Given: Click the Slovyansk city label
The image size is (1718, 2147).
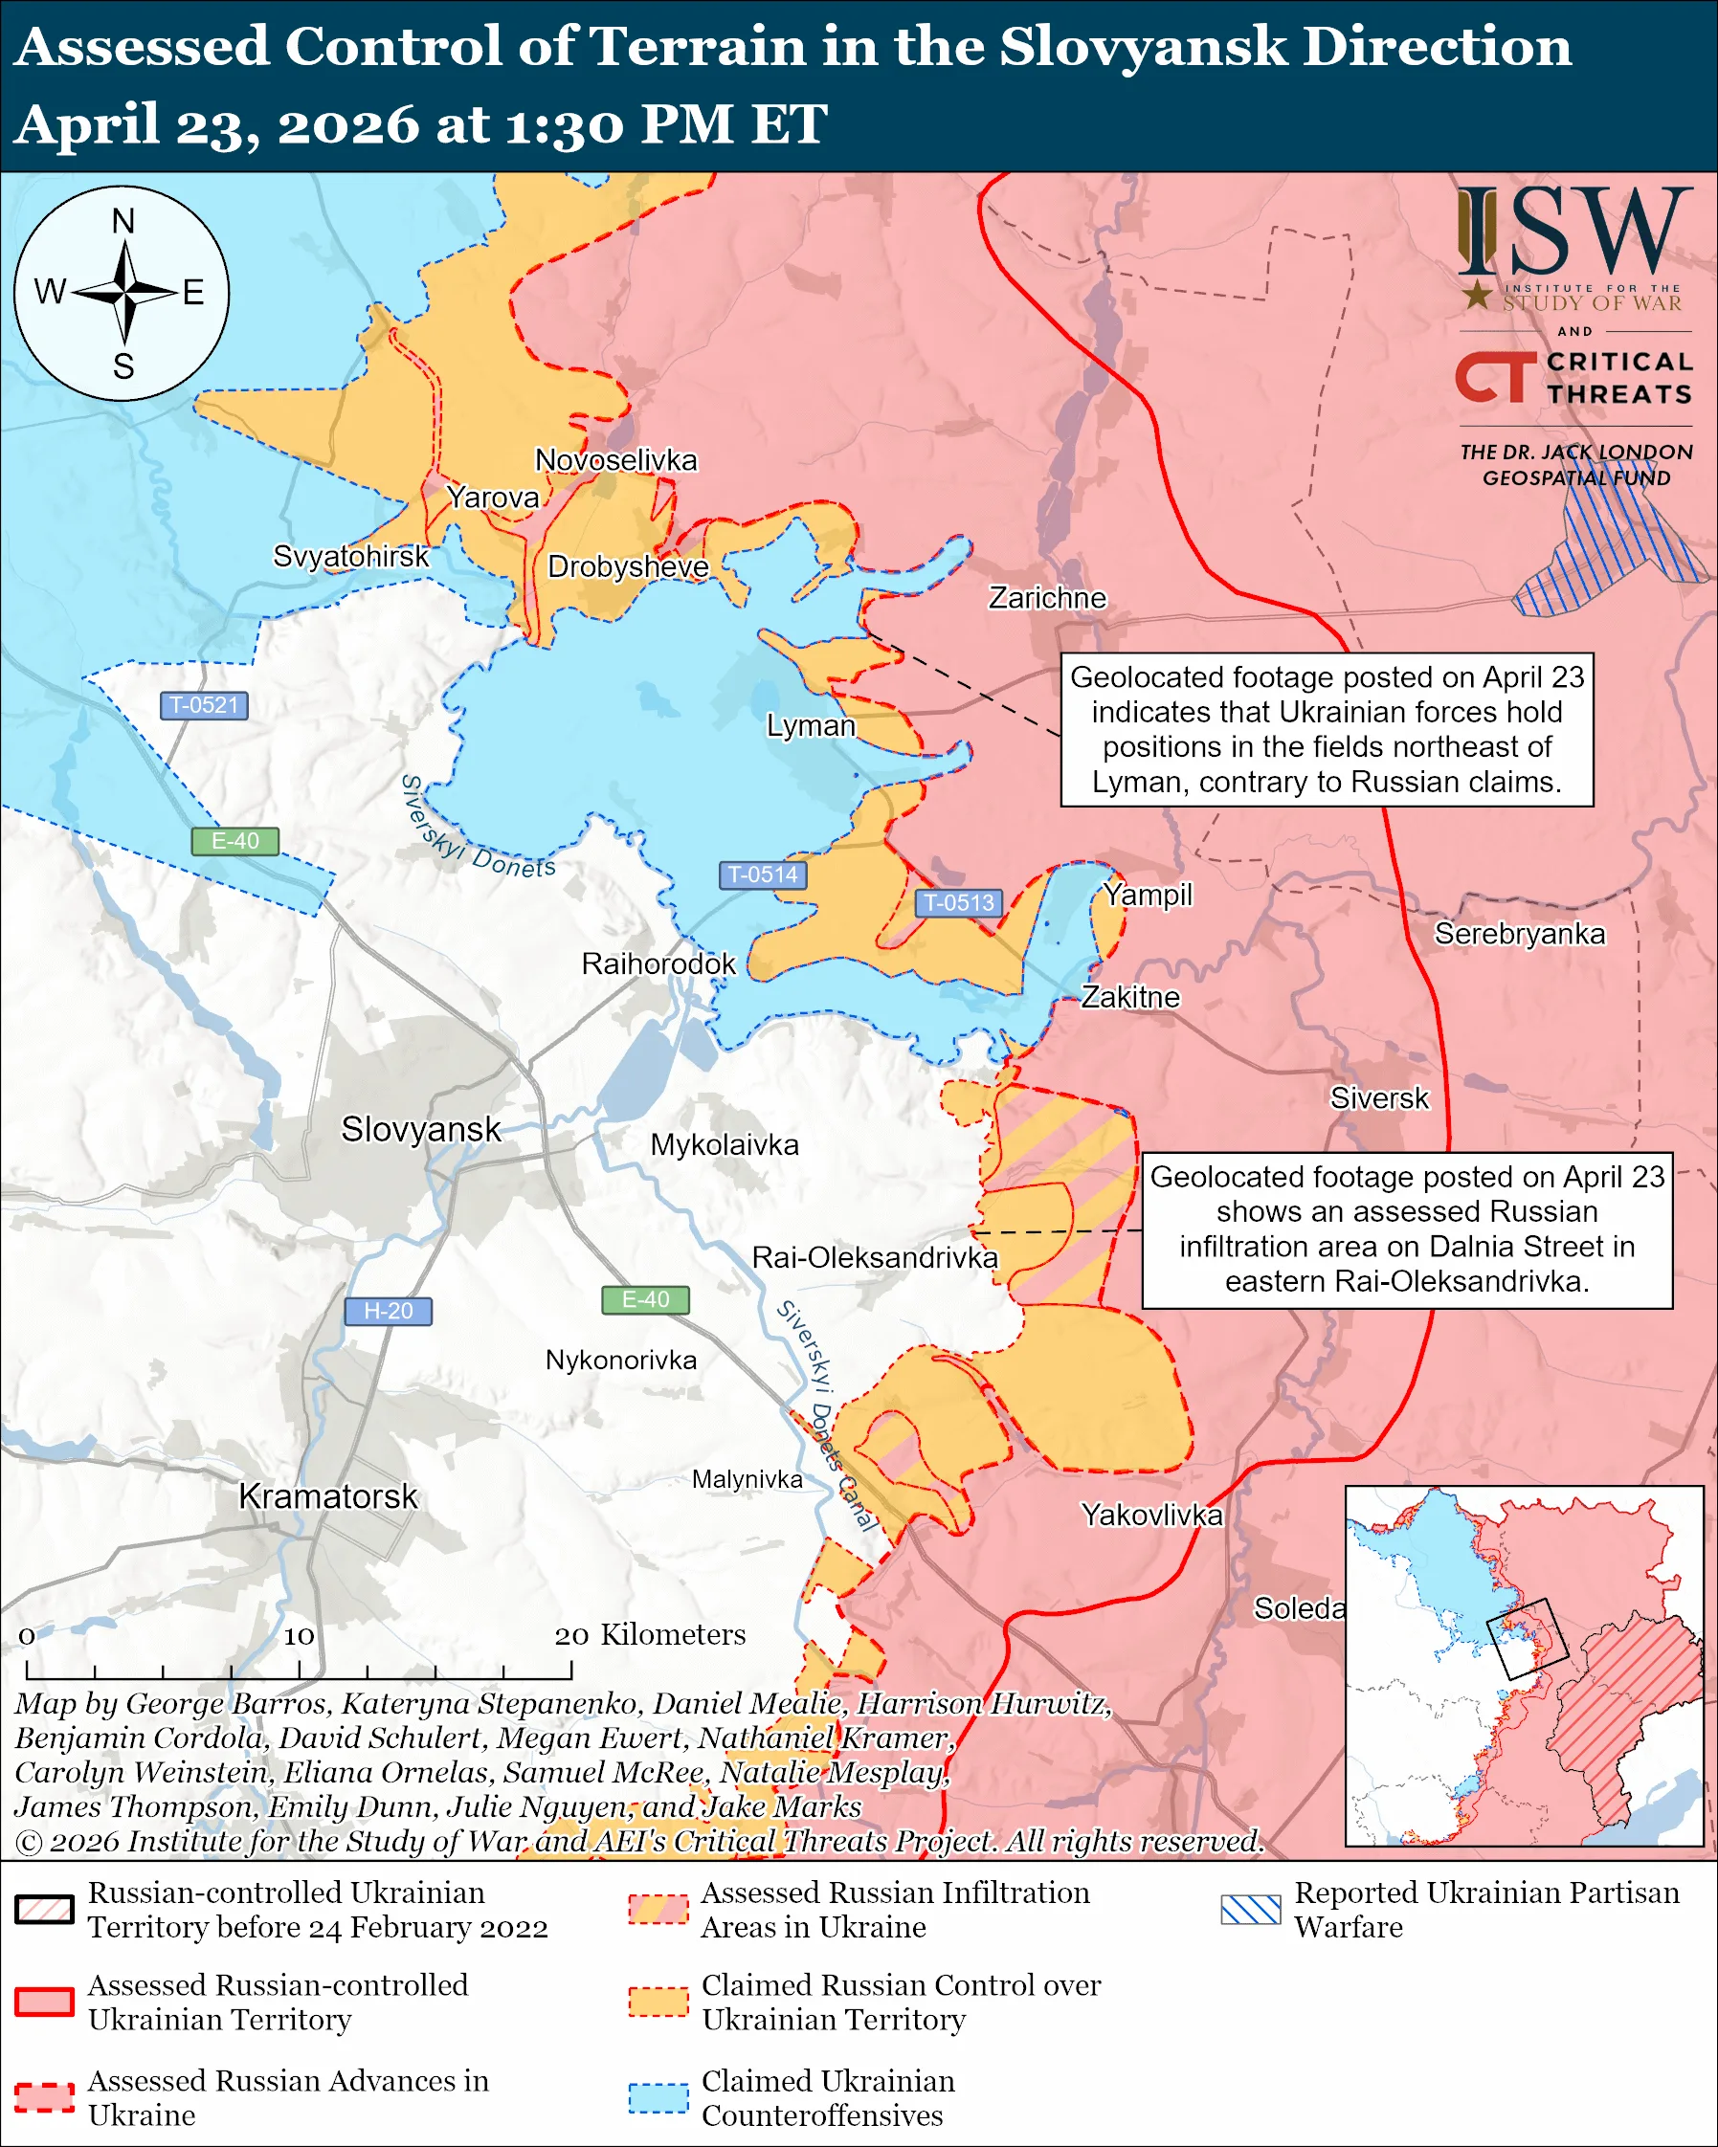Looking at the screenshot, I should point(420,1129).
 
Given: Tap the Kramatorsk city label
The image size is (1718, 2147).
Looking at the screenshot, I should point(327,1495).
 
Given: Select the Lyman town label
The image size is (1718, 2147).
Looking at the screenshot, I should point(810,725).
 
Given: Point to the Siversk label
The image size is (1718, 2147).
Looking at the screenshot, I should point(1378,1097).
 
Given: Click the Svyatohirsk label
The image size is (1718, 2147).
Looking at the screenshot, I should point(350,556).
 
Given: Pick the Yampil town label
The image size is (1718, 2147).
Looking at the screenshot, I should point(1148,895).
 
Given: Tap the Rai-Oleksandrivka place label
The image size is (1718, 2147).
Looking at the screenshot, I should point(875,1257).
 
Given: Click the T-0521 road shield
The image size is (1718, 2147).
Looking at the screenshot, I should point(203,705).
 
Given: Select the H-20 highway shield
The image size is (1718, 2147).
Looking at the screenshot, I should point(388,1311).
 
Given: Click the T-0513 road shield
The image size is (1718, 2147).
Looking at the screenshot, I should point(957,902).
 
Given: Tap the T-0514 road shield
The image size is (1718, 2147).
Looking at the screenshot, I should point(762,874).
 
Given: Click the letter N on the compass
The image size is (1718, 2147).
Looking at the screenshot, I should point(123,221).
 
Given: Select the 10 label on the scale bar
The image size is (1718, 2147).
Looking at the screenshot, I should point(298,1636).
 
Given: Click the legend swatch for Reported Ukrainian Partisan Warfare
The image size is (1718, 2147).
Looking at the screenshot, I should point(1250,1909).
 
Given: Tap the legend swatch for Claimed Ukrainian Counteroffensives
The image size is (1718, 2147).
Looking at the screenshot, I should point(658,2097).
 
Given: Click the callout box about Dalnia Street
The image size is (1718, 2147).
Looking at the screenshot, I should point(1406,1229).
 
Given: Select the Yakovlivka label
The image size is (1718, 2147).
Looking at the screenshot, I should point(1151,1515).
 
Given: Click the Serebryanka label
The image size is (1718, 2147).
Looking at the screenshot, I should point(1519,933).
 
